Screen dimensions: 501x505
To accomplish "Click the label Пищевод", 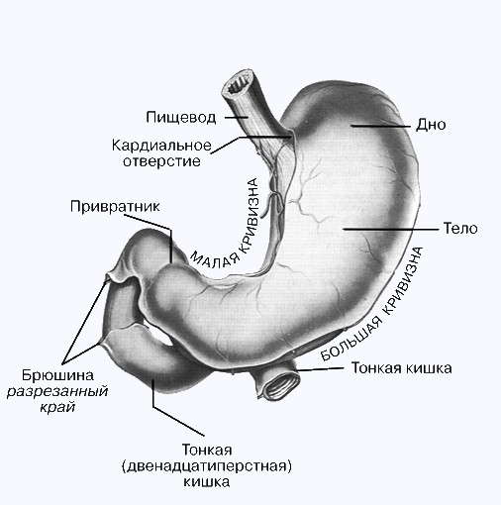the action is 181,117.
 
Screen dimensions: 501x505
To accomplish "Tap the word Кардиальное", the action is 161,146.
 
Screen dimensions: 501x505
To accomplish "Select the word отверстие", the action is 161,161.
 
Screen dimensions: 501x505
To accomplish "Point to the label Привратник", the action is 115,207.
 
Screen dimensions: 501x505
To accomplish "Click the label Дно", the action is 431,125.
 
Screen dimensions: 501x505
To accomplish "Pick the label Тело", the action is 460,229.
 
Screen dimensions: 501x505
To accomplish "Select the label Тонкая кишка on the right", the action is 401,368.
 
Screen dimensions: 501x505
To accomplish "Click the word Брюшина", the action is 57,375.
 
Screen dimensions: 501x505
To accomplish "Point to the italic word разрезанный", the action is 57,391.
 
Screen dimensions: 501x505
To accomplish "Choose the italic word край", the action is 57,407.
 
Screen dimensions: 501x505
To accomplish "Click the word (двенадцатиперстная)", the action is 207,466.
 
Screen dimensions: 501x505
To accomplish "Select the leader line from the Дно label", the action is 380,126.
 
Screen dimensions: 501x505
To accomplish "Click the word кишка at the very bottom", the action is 207,482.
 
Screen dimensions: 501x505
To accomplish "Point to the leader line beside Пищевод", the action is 237,117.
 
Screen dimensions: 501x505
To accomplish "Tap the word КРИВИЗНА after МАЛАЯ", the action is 251,216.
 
